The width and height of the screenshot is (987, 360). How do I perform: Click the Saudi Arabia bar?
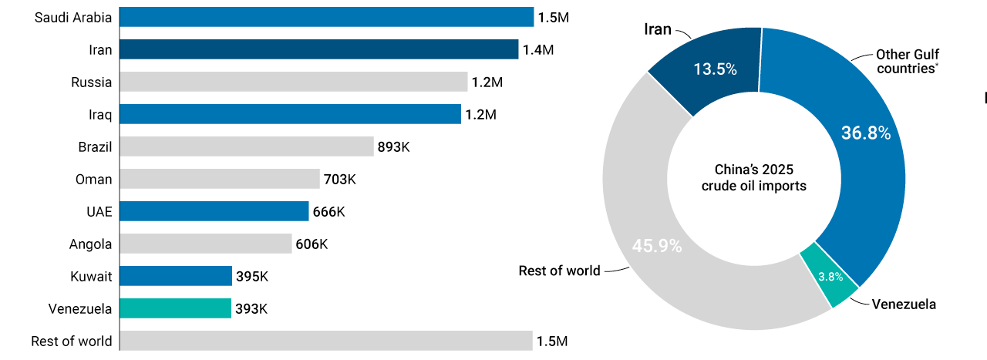click(x=326, y=17)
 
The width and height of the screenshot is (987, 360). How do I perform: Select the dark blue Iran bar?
click(x=319, y=49)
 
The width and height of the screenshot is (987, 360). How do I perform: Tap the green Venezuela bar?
click(x=176, y=308)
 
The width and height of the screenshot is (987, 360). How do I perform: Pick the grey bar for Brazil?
click(x=247, y=146)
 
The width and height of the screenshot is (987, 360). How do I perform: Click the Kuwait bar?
click(x=176, y=276)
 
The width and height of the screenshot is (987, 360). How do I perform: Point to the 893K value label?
click(x=393, y=146)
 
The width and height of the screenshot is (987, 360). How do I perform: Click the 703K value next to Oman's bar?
click(x=339, y=179)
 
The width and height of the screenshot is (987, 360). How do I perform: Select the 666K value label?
click(x=328, y=211)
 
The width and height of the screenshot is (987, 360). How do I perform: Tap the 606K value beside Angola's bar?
click(x=312, y=244)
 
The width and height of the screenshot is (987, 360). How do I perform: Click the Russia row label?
click(x=91, y=82)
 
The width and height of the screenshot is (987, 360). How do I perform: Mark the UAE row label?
click(x=99, y=211)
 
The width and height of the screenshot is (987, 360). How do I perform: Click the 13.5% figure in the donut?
click(x=715, y=69)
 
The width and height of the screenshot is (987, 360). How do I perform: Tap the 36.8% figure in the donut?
click(x=865, y=133)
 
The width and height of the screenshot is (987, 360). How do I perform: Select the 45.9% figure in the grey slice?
click(x=657, y=246)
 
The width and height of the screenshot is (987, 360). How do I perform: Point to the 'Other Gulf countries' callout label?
click(x=907, y=61)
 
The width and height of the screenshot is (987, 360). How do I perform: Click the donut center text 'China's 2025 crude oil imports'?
click(x=753, y=177)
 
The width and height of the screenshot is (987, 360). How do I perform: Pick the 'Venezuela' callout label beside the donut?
click(x=904, y=304)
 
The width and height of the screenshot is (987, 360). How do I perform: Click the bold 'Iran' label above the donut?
click(x=657, y=29)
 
